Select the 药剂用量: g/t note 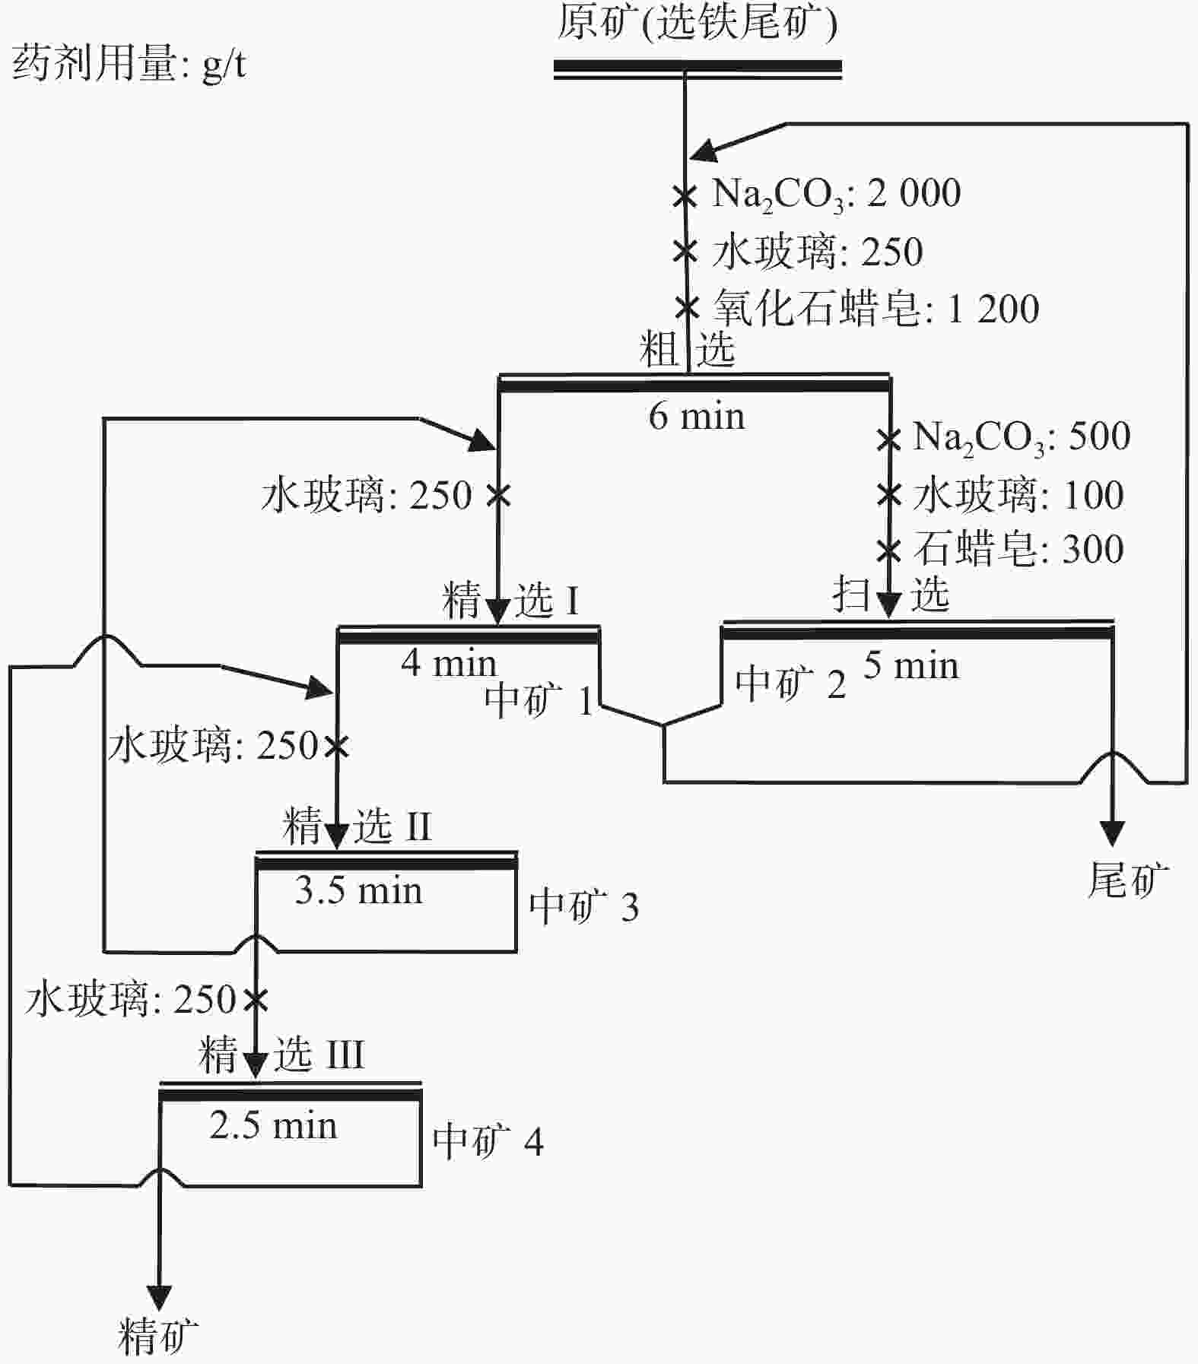tap(129, 64)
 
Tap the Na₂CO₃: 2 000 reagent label tap(836, 194)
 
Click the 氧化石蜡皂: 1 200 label tap(875, 309)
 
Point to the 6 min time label tap(696, 417)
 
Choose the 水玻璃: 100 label tap(1018, 495)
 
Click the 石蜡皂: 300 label tap(1018, 549)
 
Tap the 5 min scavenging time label tap(910, 665)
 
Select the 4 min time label tap(448, 663)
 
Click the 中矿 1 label tap(539, 699)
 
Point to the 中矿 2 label tap(790, 684)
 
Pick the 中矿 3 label tap(583, 906)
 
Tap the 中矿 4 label tap(488, 1141)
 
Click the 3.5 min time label tap(358, 890)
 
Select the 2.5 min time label tap(273, 1125)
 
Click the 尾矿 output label tap(1128, 880)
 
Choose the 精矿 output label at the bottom tap(158, 1336)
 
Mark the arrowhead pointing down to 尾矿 tap(1113, 834)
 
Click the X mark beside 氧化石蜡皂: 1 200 tap(687, 308)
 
